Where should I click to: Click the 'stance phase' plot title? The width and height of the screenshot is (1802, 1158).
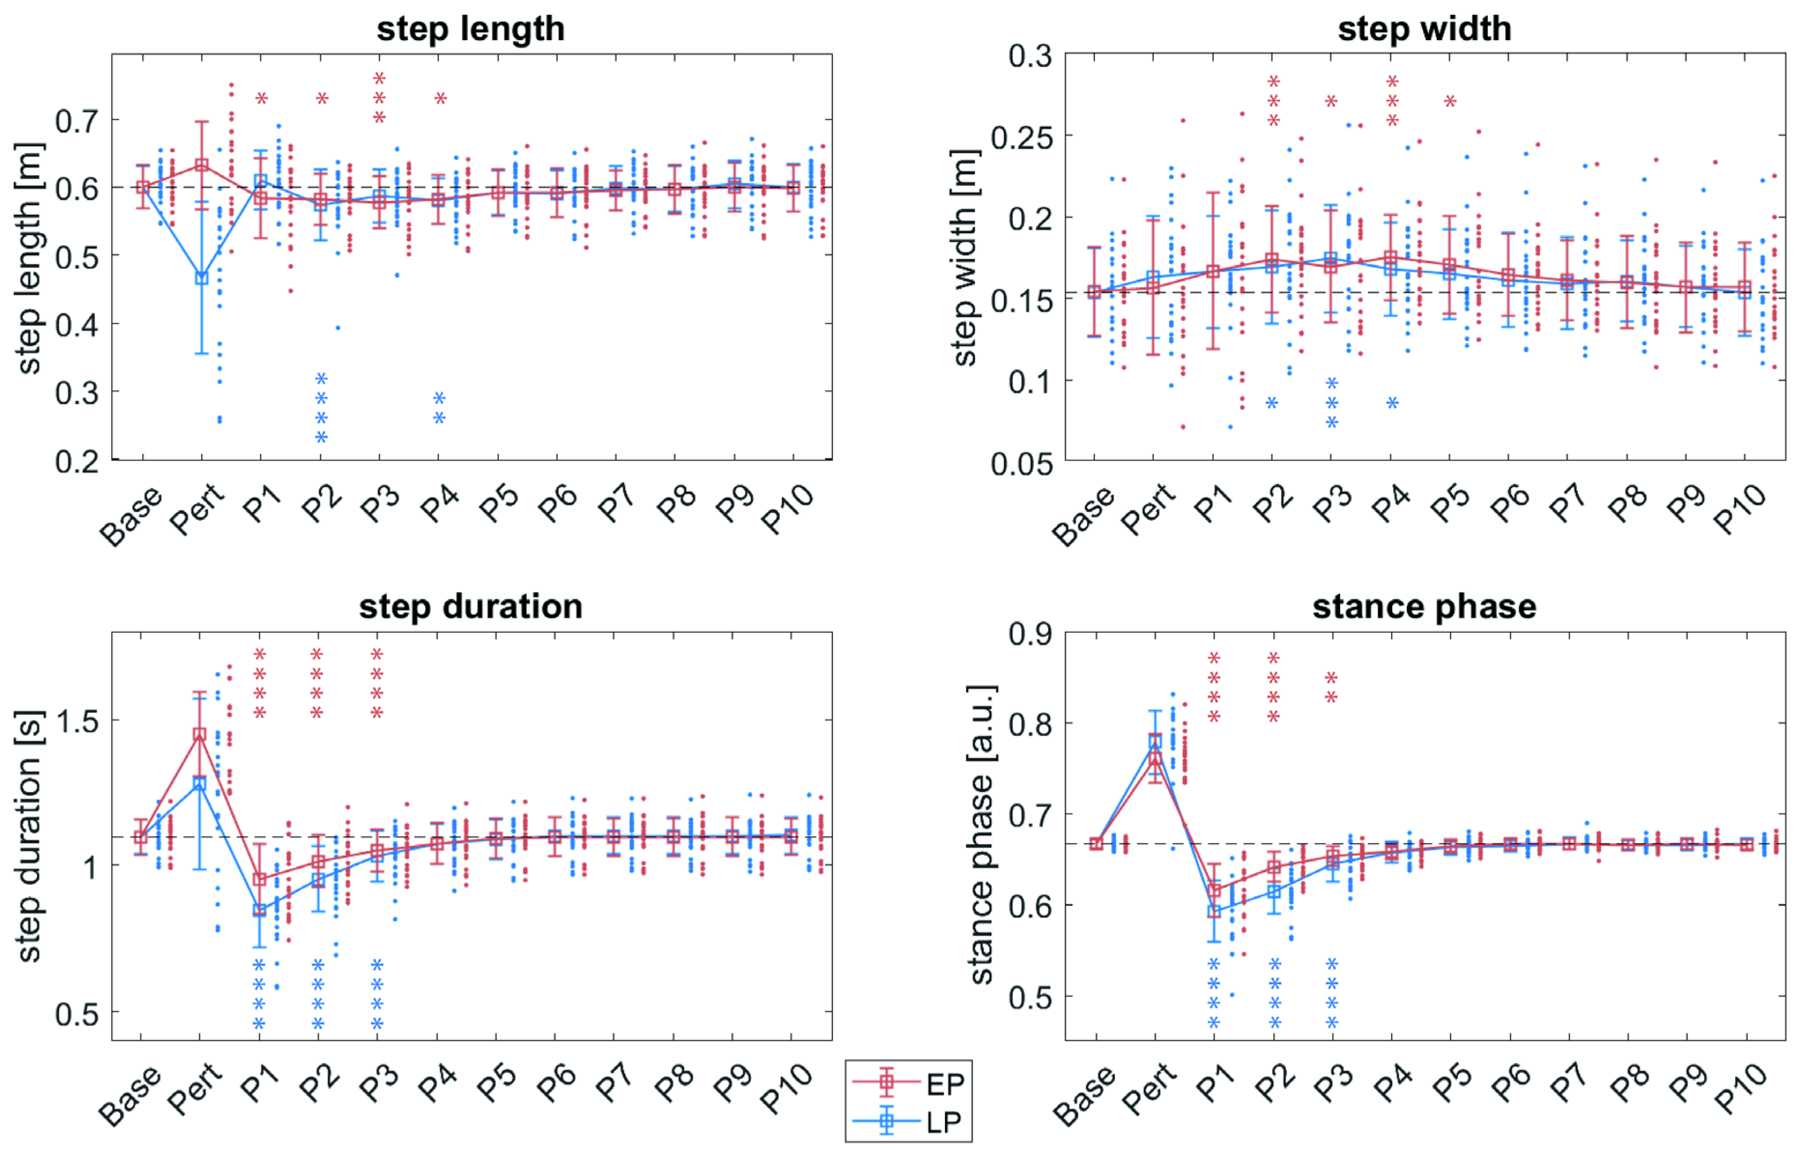(1424, 607)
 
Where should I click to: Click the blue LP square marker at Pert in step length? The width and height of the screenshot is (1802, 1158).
(201, 278)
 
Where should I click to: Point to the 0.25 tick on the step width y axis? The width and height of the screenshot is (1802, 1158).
(1021, 137)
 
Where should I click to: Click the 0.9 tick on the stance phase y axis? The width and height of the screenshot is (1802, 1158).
(1030, 634)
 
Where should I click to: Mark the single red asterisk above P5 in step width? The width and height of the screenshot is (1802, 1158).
(1450, 101)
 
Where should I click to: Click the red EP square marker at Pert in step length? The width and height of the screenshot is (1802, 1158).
(201, 165)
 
